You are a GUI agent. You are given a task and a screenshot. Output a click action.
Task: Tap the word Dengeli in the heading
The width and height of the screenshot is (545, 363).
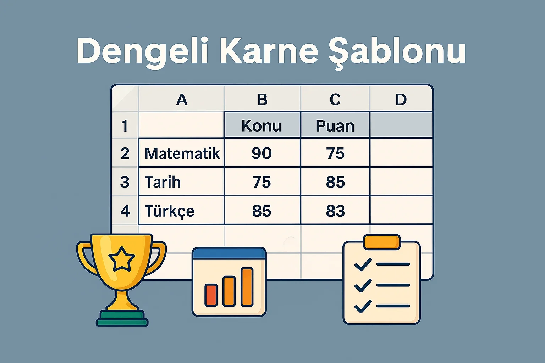(x=142, y=51)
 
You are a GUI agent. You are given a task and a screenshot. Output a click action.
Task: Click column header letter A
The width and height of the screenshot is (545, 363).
(x=182, y=100)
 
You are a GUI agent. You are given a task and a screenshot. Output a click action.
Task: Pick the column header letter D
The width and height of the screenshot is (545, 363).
(x=401, y=100)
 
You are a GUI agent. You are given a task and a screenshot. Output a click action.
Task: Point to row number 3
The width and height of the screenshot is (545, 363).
(x=125, y=182)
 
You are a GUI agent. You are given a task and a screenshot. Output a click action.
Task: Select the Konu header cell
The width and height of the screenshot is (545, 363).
(x=262, y=126)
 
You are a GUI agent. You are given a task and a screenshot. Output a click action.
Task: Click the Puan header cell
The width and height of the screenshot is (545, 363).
(x=335, y=126)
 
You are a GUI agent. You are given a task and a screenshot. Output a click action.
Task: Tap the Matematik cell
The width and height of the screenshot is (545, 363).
(x=182, y=153)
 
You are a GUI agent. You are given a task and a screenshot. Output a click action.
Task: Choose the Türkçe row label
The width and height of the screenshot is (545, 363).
(x=170, y=211)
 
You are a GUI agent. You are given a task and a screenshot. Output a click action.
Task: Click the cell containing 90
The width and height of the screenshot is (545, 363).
(x=262, y=153)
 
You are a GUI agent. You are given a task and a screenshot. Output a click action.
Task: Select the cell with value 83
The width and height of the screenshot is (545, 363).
(x=335, y=211)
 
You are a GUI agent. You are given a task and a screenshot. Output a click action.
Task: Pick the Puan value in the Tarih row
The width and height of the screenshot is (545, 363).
(x=335, y=182)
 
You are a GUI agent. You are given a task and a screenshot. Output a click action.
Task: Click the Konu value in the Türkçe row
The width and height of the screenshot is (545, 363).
(x=262, y=211)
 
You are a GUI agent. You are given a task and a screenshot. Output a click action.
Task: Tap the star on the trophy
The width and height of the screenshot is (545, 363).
(x=122, y=259)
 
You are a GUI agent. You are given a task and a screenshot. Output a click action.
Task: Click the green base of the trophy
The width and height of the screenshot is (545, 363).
(x=122, y=318)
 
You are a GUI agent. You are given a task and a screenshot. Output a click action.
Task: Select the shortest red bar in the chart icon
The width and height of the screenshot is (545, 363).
(x=211, y=295)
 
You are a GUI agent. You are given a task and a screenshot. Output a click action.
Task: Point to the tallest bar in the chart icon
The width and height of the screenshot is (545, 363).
(x=247, y=287)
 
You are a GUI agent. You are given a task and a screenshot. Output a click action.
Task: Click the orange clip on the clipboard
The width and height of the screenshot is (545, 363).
(x=382, y=242)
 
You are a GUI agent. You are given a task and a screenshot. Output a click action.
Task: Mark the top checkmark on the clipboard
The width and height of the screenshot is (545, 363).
(x=363, y=264)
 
